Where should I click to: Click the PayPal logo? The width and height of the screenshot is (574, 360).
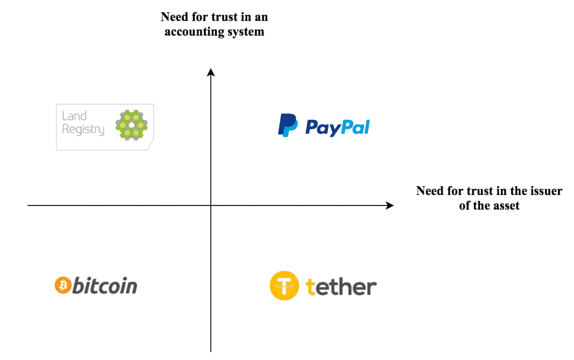point(324,125)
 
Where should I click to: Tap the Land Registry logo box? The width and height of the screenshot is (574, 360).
point(105,127)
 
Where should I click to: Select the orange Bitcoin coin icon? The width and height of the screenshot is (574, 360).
point(63,286)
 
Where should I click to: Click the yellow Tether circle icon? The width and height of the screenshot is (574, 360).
point(284,286)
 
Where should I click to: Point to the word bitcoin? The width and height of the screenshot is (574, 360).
point(104,286)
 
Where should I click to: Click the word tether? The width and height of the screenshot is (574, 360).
point(341,287)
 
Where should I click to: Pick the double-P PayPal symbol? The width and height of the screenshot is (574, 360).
point(288,125)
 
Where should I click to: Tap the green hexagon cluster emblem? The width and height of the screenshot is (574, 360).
point(131,125)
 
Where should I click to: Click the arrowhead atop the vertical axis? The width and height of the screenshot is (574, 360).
point(211,72)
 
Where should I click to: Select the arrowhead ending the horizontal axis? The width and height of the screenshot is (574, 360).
point(389,205)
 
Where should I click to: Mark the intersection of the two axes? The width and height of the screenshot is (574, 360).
point(211,205)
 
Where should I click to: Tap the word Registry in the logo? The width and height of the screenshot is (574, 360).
point(83,130)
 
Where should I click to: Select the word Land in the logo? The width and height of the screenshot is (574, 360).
point(74,116)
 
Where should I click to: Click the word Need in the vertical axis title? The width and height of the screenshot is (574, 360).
point(173,17)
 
